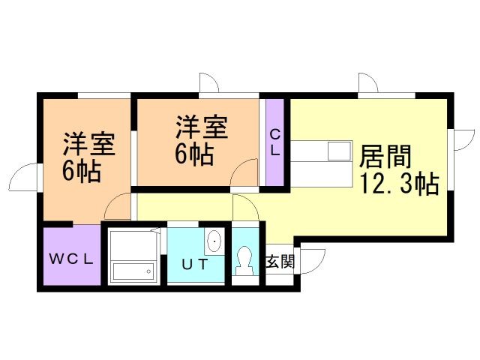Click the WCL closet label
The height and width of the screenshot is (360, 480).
[x=71, y=260]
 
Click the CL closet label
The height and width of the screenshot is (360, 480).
[x=274, y=142]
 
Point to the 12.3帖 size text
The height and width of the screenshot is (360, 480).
[x=400, y=183]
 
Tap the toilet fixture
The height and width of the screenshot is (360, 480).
[x=244, y=259]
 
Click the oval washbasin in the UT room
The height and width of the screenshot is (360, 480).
[x=214, y=241]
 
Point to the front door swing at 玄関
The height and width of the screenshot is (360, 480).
[x=313, y=259]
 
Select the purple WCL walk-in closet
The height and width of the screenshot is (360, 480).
[x=71, y=255]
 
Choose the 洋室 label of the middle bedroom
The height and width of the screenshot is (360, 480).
[x=201, y=126]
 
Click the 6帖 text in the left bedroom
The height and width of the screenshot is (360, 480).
[x=82, y=172]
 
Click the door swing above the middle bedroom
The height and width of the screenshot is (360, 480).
[x=208, y=83]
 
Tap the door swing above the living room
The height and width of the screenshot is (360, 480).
[x=367, y=83]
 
